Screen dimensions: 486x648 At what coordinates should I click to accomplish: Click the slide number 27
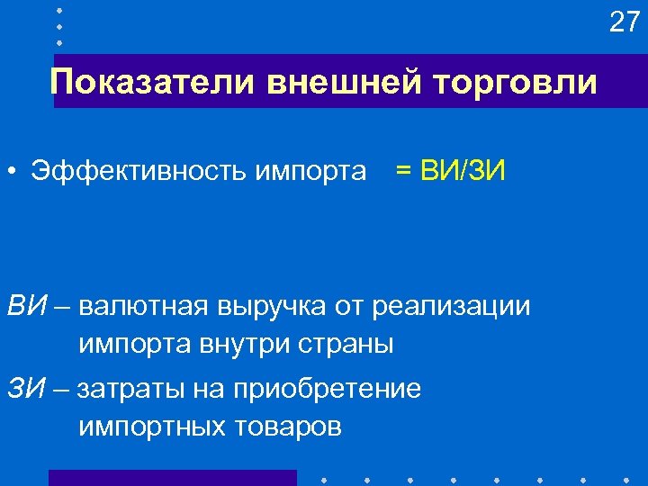coord(623,22)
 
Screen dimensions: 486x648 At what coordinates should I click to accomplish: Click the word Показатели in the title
coord(153,83)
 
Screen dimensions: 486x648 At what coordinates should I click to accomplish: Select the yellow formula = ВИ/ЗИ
coord(450,170)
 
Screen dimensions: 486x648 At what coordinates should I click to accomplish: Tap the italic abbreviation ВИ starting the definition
coord(27,307)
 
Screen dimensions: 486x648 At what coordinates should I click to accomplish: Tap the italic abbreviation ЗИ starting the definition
coord(27,389)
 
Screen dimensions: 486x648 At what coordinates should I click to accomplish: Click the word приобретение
coord(326,390)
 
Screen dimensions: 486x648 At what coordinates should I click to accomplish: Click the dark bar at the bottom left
coord(172,477)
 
